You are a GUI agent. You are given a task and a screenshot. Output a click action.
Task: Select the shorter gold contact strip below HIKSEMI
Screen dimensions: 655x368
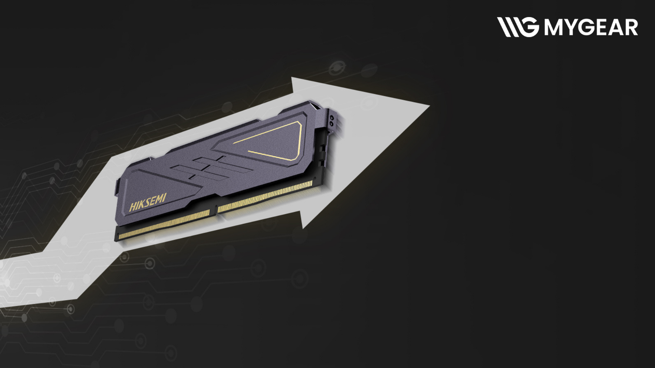164,224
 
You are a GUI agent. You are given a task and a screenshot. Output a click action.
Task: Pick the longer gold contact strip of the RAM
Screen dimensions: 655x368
265,196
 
